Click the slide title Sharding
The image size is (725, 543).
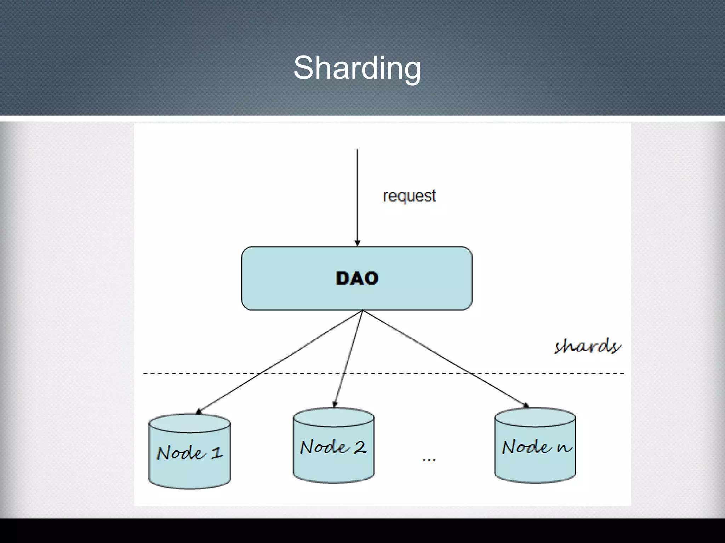click(357, 68)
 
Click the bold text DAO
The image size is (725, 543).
click(357, 279)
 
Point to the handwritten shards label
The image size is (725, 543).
click(587, 346)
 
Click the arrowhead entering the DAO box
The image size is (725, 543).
click(357, 243)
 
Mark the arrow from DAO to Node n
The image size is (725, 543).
click(444, 358)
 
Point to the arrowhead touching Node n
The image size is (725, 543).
click(526, 405)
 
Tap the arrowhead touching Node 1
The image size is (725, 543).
click(199, 411)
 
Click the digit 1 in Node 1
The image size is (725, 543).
click(217, 453)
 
